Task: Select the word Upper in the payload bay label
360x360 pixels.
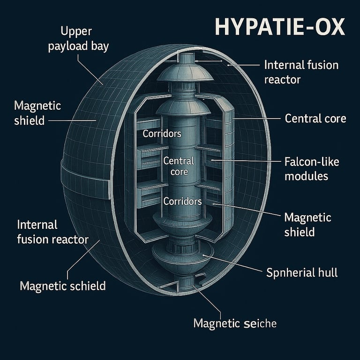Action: click(x=77, y=32)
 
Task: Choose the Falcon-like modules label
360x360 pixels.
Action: click(x=312, y=169)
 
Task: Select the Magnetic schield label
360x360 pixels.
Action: click(x=63, y=285)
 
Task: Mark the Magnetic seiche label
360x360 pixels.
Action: click(x=235, y=323)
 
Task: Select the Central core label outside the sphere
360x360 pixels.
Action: click(x=315, y=118)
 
